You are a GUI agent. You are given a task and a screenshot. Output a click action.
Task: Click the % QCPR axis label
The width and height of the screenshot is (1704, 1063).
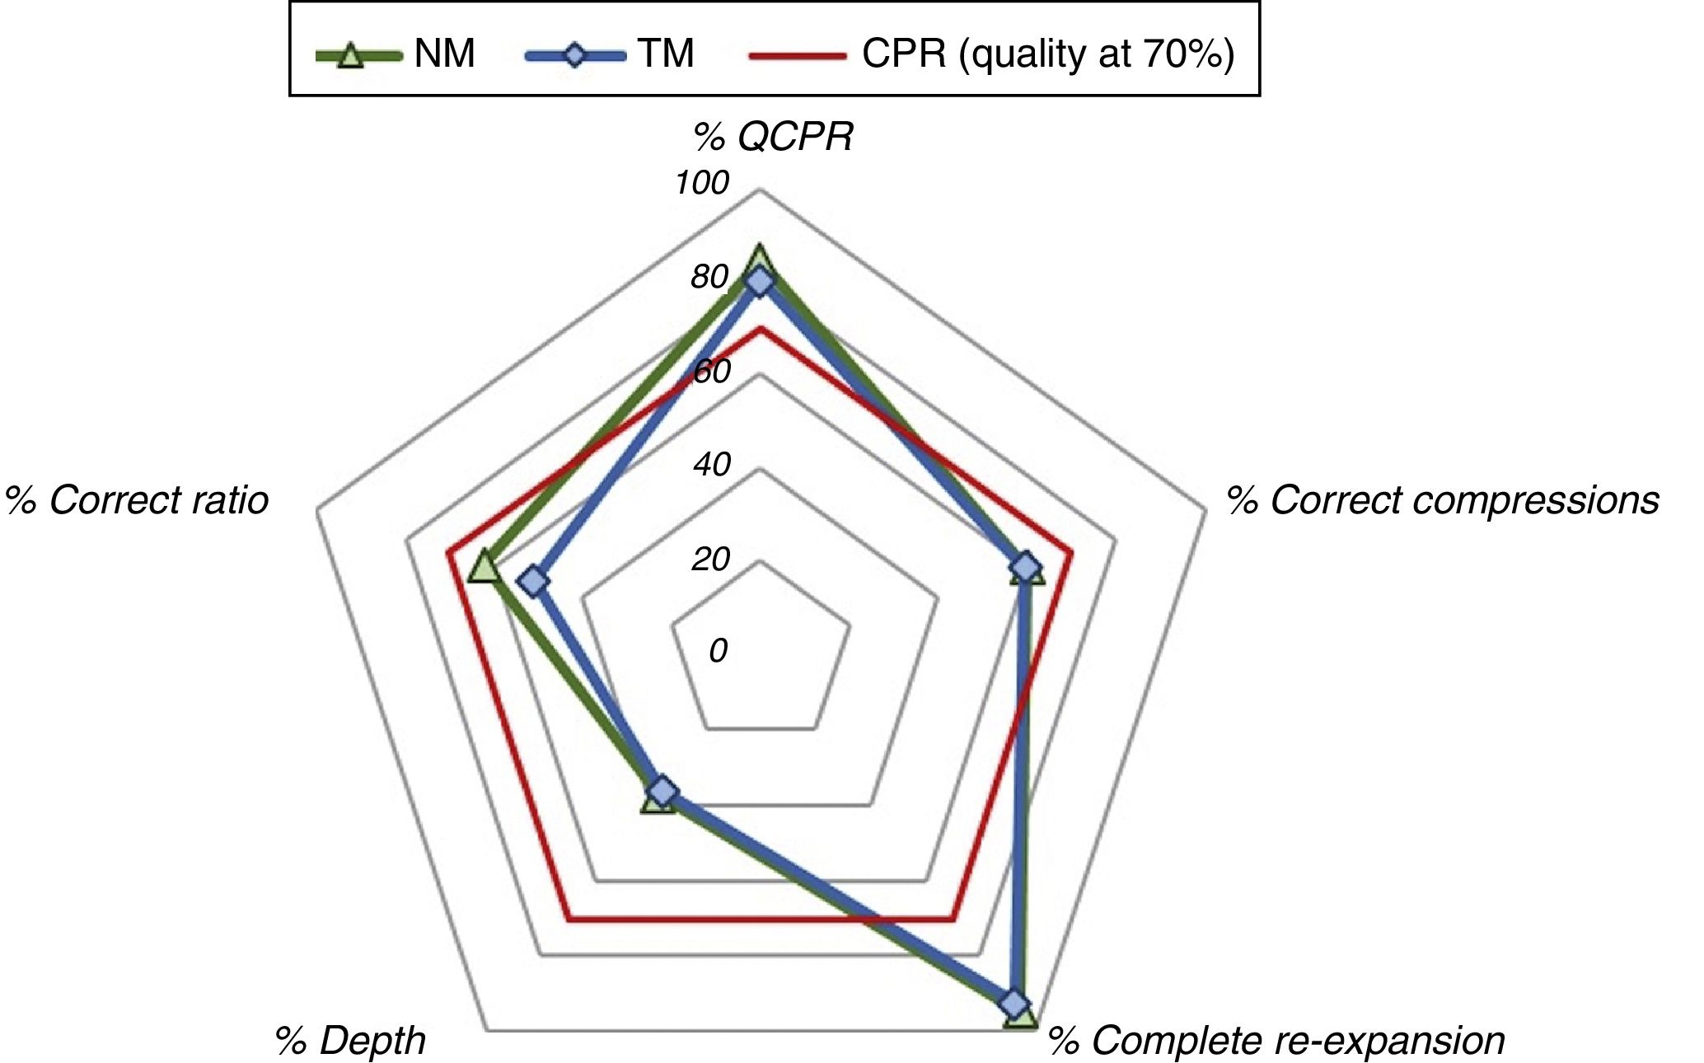[773, 137]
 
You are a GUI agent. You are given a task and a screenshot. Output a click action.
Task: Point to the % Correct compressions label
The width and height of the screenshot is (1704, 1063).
[1442, 500]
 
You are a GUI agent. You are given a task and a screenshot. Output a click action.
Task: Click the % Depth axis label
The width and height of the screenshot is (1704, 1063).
[350, 1040]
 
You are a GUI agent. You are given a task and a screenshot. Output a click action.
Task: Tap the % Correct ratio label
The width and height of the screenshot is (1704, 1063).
[137, 500]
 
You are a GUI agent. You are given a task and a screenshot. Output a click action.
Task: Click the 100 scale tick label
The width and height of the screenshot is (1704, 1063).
[702, 182]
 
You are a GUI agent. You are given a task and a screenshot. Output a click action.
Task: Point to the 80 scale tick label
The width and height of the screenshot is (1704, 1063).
[709, 277]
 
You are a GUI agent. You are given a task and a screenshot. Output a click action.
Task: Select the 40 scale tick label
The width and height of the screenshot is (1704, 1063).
[712, 465]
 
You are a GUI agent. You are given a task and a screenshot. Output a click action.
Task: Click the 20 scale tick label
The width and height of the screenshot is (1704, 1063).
[710, 560]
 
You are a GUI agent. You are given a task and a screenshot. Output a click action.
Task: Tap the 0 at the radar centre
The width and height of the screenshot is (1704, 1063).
[718, 651]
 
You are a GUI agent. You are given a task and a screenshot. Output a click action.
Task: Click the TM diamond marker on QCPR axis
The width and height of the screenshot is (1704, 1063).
[760, 282]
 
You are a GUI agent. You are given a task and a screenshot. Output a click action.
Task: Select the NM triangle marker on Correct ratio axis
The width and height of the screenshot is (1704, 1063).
[484, 568]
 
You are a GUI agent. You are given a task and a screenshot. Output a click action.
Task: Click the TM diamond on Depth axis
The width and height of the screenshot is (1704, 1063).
[662, 792]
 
